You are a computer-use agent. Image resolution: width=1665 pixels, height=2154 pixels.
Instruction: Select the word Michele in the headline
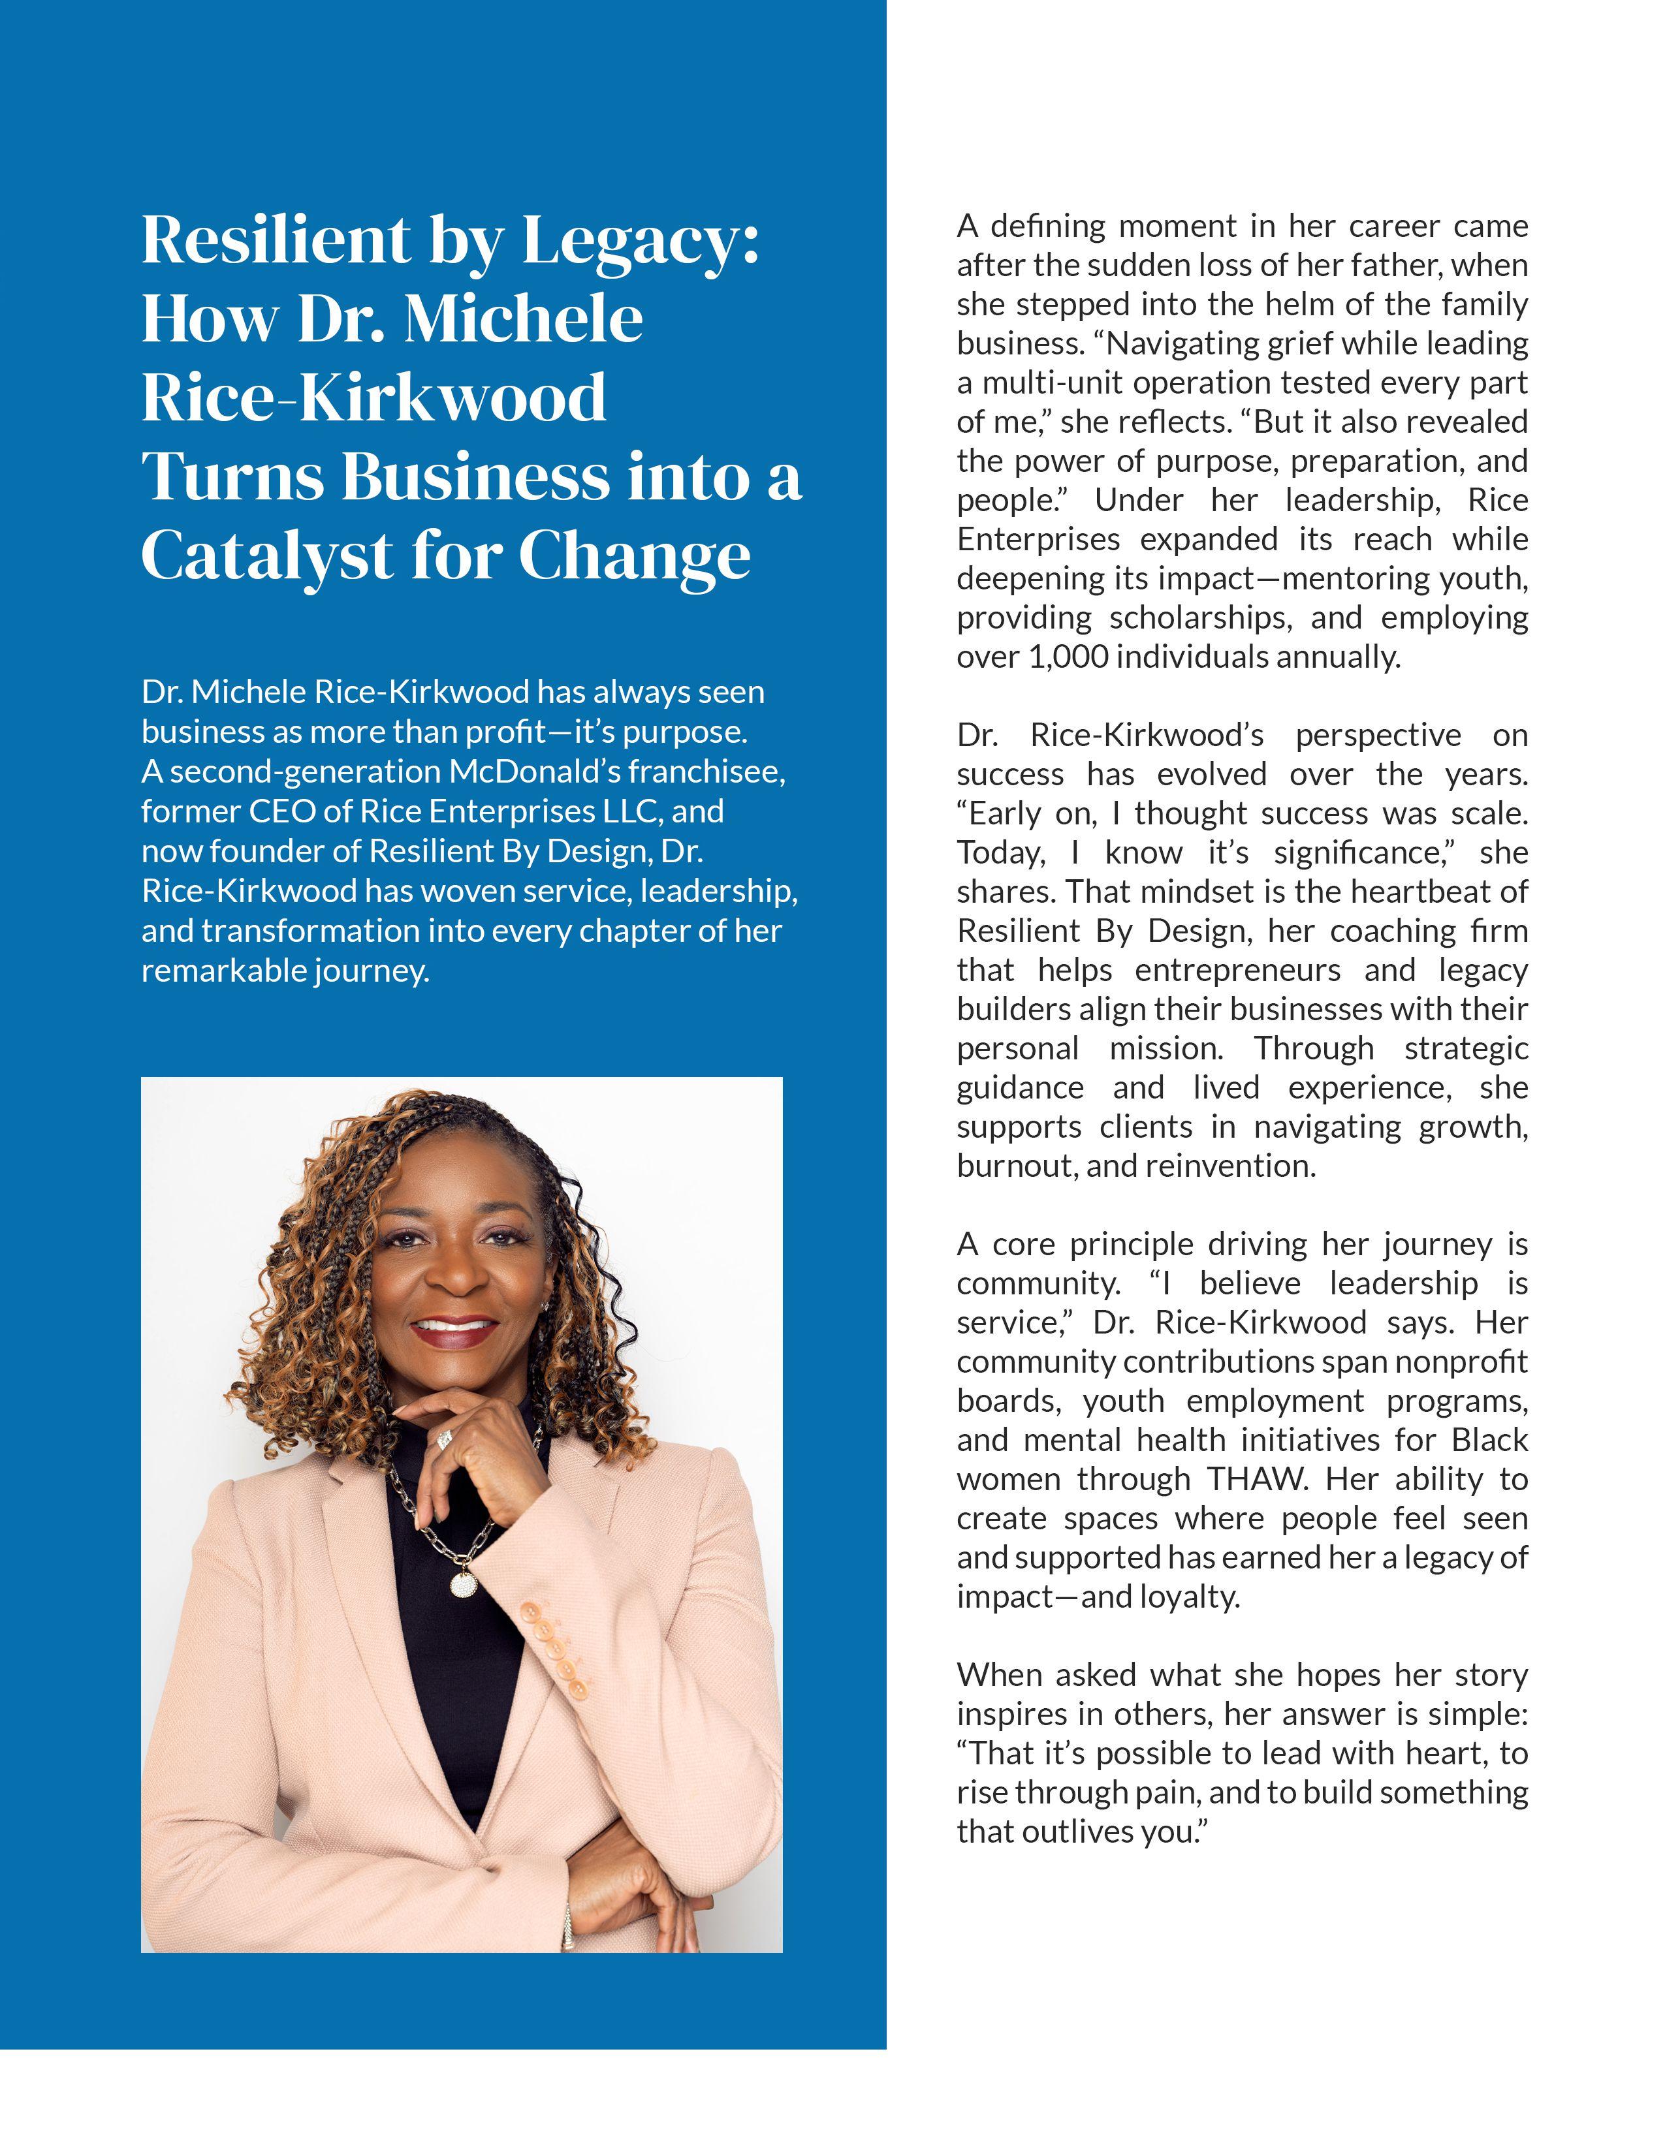point(523,319)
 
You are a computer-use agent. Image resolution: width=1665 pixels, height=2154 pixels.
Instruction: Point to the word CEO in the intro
point(287,811)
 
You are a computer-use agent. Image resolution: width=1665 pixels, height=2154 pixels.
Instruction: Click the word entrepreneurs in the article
point(1237,971)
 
